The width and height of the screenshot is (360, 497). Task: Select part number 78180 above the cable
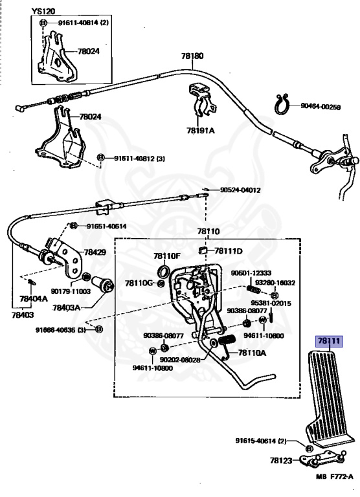193,56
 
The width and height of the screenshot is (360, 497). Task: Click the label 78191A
200,129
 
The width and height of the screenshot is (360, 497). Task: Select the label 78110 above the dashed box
208,231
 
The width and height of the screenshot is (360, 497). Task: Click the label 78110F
167,256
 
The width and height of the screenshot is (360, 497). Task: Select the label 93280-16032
274,283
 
